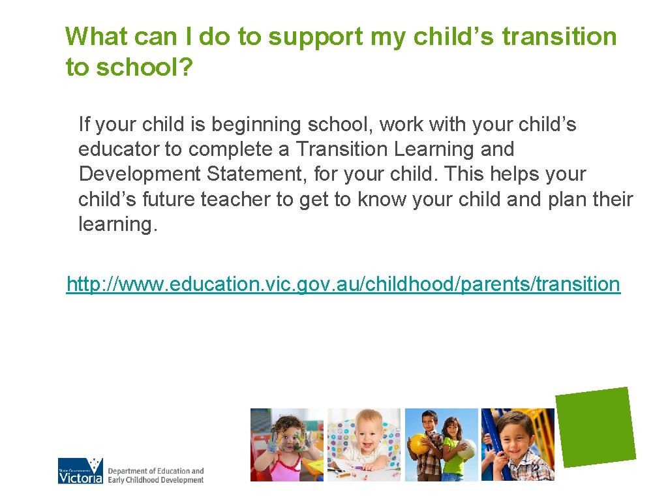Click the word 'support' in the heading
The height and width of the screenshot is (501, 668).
point(315,37)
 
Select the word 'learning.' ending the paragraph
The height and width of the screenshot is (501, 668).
point(118,224)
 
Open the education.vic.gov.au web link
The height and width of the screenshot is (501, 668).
point(343,284)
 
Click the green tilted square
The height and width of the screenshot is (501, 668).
point(595,427)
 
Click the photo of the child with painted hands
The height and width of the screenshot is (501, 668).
point(287,445)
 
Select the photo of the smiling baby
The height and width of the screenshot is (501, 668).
point(364,445)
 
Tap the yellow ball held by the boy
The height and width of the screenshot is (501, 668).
point(417,444)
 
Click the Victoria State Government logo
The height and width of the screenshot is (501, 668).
point(81,471)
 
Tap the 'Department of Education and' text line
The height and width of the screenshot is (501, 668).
point(156,471)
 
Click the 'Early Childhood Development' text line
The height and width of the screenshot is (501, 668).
point(156,480)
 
